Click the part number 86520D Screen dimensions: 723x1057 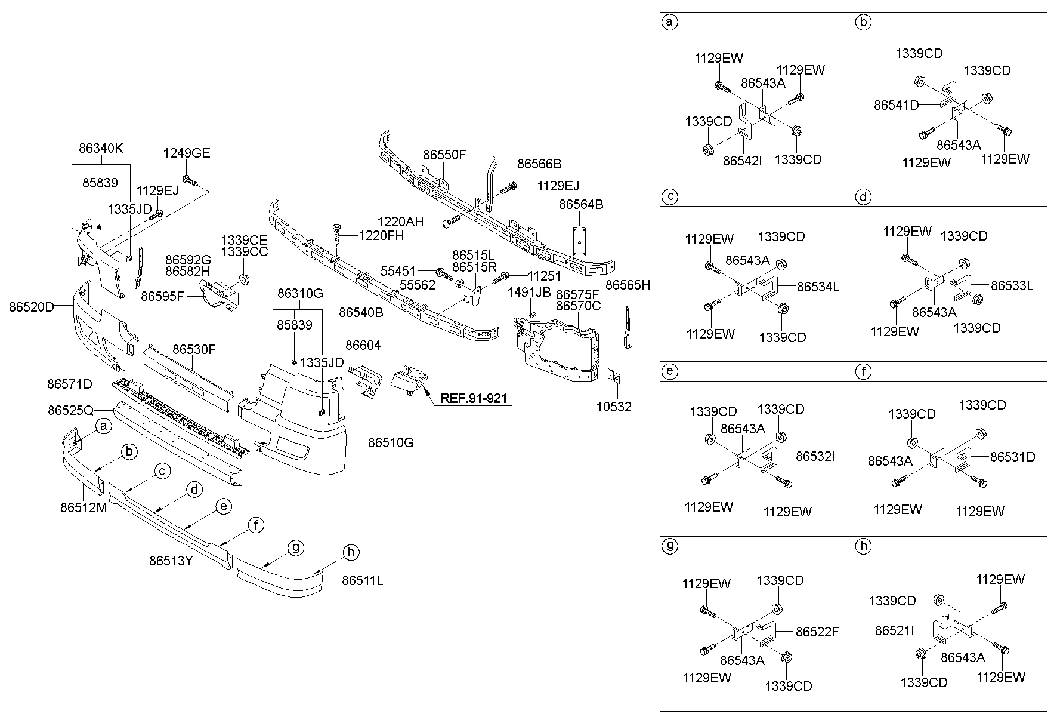[x=31, y=307]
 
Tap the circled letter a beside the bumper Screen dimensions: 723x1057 [x=104, y=426]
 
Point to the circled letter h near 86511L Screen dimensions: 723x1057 [x=351, y=553]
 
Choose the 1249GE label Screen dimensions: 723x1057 [x=187, y=153]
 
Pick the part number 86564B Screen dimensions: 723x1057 [x=581, y=205]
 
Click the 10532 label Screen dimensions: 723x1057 [x=614, y=407]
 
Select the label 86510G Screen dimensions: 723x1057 [x=391, y=442]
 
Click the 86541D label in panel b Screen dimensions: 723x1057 [x=897, y=105]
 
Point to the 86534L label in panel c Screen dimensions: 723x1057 [x=818, y=287]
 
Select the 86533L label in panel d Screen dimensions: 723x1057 [x=1012, y=286]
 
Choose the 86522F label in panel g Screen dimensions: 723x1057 [x=817, y=632]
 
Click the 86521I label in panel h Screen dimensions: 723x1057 [x=895, y=630]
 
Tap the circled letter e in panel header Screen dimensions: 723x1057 [x=670, y=371]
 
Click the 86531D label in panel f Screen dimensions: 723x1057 [x=1013, y=457]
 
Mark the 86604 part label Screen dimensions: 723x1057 [x=363, y=345]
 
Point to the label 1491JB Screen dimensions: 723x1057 [x=529, y=292]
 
